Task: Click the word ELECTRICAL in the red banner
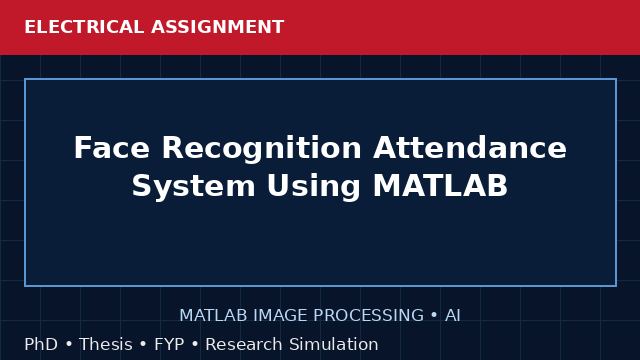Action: [x=84, y=27]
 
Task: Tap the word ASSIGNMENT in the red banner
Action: [x=218, y=27]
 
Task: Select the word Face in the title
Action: [x=111, y=147]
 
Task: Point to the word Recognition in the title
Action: [x=262, y=150]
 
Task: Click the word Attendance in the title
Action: [x=470, y=147]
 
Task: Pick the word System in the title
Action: [x=193, y=187]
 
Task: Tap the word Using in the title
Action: [x=313, y=187]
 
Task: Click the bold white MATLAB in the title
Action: [x=440, y=185]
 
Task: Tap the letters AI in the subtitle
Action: [x=453, y=316]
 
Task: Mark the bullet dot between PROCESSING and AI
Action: [x=434, y=316]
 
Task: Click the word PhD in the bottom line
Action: [x=41, y=344]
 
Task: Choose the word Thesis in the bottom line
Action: [x=106, y=344]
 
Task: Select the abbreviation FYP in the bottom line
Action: [x=169, y=344]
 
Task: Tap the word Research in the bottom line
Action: [x=244, y=344]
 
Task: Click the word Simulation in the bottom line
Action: [x=333, y=344]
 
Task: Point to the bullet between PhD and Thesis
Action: [x=69, y=344]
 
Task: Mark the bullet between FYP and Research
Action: [x=195, y=344]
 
